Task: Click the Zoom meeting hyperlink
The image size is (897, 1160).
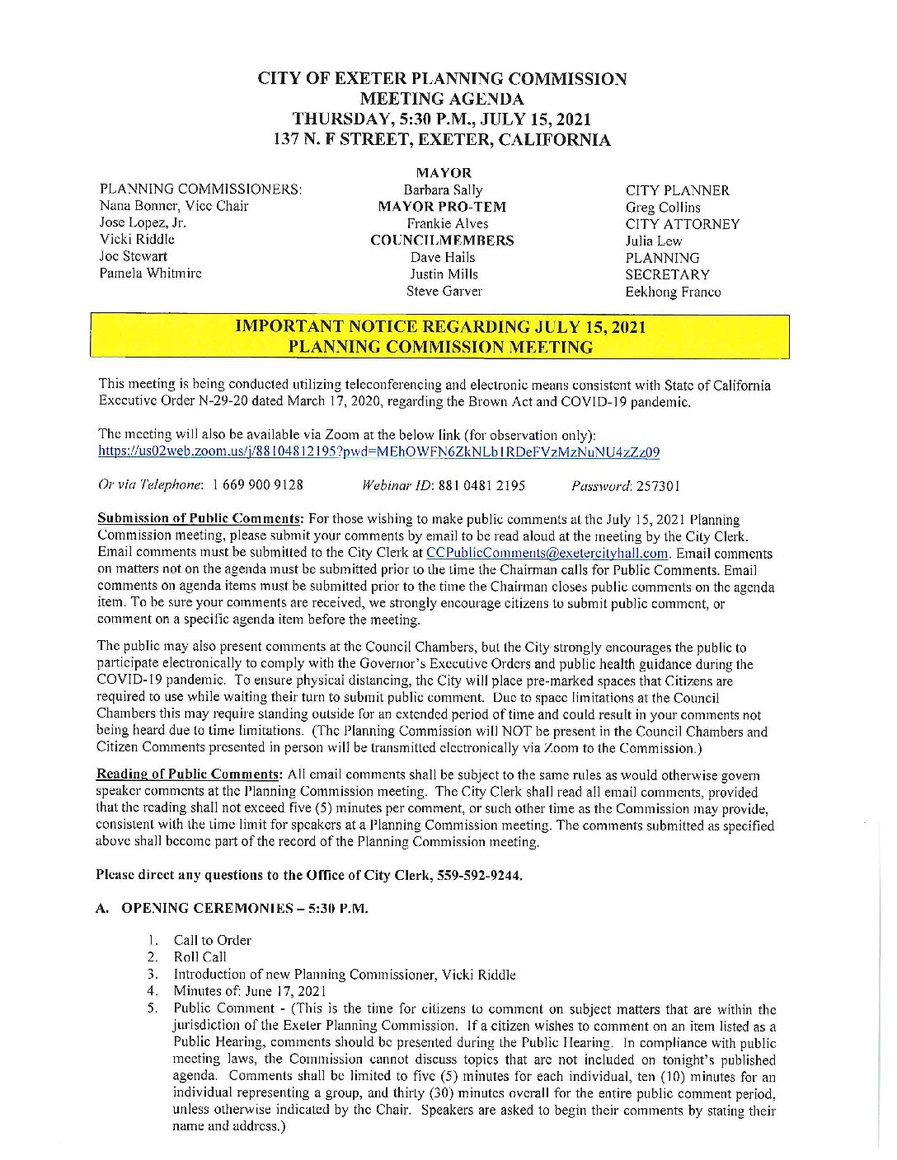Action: [378, 452]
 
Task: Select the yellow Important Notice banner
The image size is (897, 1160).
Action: [439, 337]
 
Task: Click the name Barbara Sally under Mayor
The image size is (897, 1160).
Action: [443, 190]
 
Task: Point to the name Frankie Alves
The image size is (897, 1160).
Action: [447, 224]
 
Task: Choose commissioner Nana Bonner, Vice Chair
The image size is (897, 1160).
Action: [173, 207]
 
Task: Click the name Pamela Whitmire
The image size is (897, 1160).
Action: [150, 274]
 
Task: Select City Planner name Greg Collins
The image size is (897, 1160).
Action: [662, 208]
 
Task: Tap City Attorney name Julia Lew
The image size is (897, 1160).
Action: [653, 241]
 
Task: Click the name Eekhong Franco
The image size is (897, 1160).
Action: [672, 292]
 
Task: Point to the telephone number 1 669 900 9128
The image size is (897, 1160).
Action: [257, 485]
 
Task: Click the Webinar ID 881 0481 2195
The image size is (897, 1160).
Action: [481, 485]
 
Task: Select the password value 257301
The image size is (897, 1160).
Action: [658, 486]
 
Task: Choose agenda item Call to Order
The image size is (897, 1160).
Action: [212, 941]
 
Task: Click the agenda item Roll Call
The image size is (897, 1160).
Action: [200, 957]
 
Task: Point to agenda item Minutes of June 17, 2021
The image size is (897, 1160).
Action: [249, 991]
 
